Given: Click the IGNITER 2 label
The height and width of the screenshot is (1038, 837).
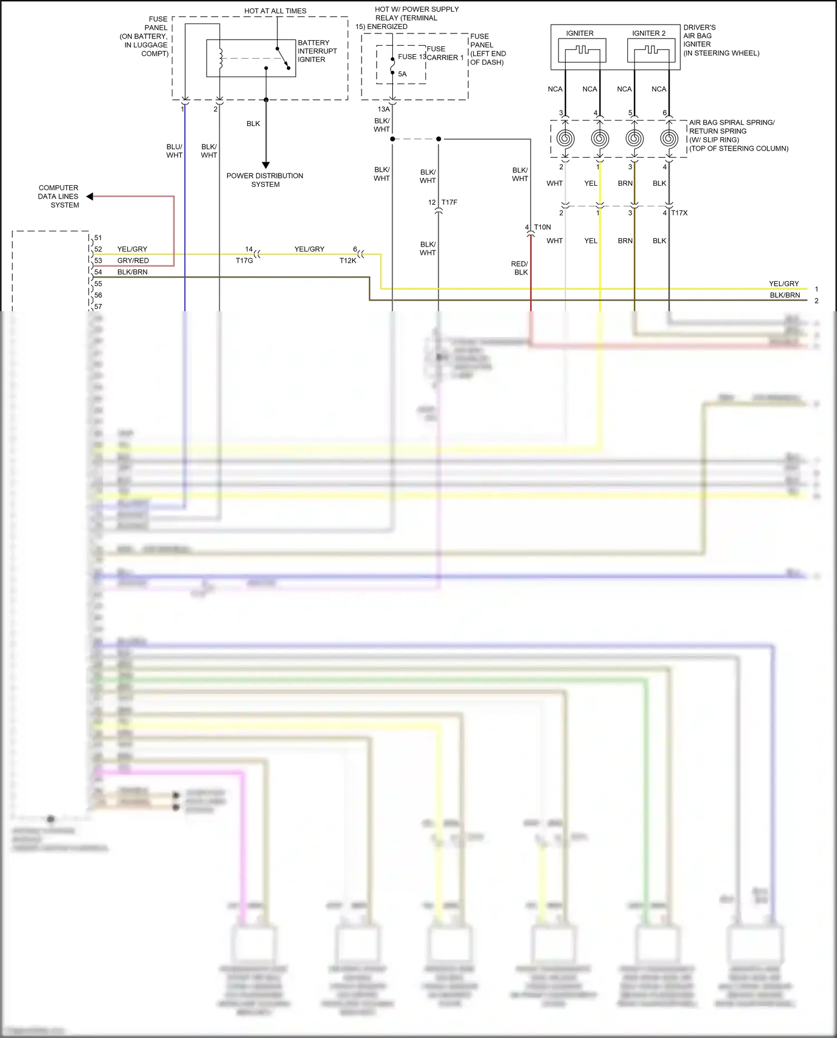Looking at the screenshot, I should click(648, 33).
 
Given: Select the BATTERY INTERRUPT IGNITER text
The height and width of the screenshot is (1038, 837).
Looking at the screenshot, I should click(317, 51).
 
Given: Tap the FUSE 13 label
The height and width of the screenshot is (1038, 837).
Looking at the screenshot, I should click(412, 57).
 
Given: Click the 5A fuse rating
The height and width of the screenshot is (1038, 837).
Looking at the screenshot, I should click(402, 74).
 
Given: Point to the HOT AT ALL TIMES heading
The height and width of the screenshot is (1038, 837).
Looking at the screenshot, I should click(275, 11).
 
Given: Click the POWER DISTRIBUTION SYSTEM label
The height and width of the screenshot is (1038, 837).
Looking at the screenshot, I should click(265, 180).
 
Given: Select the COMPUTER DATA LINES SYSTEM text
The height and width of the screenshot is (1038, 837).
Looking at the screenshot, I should click(58, 196).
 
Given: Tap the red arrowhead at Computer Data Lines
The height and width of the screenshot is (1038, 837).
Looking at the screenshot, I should click(90, 196).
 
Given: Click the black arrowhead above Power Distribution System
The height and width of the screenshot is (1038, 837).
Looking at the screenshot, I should click(266, 165).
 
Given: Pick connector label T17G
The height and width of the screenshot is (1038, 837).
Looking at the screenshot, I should click(244, 260).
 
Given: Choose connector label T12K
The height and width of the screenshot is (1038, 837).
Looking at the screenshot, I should click(348, 260).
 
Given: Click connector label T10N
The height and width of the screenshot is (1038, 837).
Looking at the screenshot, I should click(542, 228).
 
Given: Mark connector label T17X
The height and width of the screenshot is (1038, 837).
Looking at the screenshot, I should click(679, 213).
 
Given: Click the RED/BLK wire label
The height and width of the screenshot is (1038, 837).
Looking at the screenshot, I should click(519, 268).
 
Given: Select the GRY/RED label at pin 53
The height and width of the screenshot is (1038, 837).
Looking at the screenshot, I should click(133, 260).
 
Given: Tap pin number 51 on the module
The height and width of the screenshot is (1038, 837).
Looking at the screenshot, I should click(98, 238).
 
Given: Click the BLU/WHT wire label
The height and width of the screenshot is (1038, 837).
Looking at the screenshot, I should click(174, 151).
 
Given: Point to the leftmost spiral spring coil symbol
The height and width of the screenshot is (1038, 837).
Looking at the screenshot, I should click(565, 138).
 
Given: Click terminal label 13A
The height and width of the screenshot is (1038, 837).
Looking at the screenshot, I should click(384, 109).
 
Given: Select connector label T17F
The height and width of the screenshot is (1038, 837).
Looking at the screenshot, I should click(449, 202).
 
